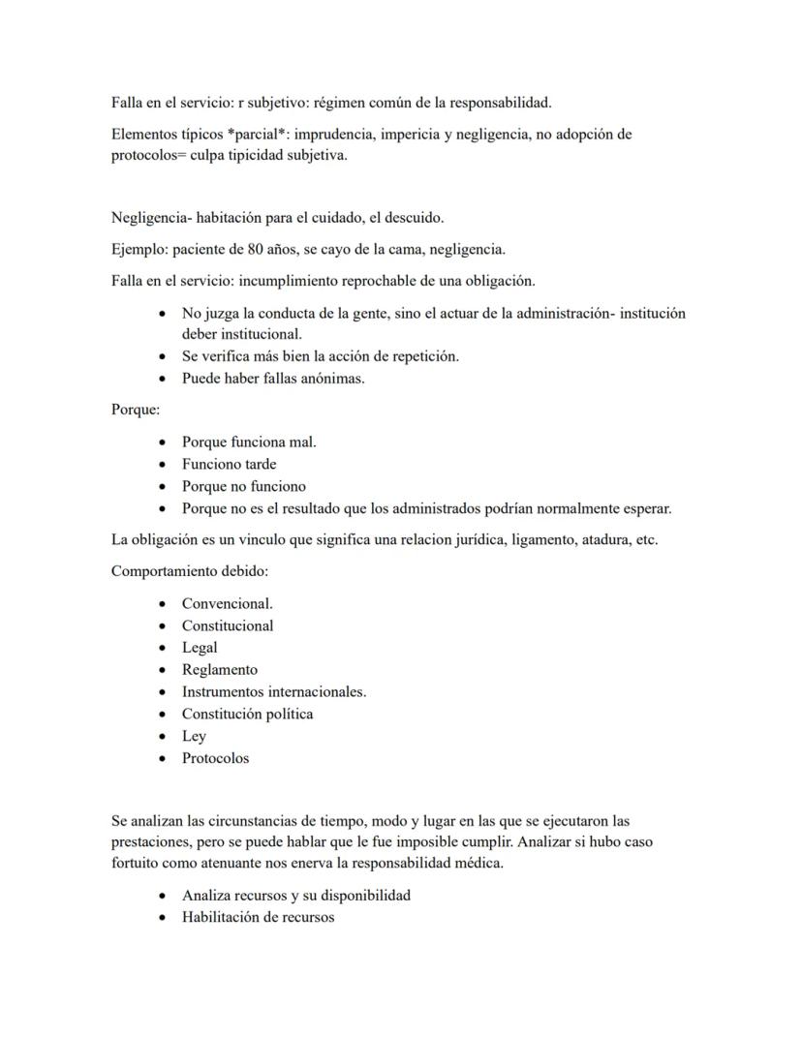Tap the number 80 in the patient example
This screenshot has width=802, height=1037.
coord(254,249)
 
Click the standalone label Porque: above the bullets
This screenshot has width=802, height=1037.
coord(136,410)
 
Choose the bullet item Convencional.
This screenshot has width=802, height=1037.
coord(228,603)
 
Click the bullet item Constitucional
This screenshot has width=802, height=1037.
coord(228,625)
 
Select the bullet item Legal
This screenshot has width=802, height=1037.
coord(200,648)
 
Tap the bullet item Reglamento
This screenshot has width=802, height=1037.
coord(220,670)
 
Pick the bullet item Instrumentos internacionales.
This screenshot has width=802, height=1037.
coord(274,692)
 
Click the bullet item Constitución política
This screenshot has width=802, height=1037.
coord(247,715)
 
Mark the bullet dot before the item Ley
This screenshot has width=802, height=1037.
coord(162,737)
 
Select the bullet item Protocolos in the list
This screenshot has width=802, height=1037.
coord(215,759)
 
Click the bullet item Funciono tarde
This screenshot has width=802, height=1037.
coord(229,465)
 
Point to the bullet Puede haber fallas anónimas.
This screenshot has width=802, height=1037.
coord(273,379)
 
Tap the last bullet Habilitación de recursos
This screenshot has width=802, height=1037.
coord(258,918)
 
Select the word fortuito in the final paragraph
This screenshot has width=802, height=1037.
coord(136,864)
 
